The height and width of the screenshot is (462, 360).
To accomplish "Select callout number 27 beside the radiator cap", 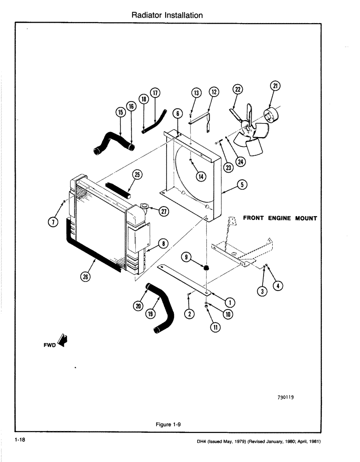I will [163, 211].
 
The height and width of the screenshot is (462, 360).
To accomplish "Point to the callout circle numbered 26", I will [86, 277].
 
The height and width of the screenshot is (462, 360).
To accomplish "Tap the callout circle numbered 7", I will [54, 222].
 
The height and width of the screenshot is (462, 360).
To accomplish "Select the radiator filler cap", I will [144, 206].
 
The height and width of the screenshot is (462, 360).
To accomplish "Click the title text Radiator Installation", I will [167, 15].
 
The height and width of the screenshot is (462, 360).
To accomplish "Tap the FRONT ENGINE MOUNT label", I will [280, 218].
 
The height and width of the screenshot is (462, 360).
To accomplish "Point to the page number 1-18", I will [19, 440].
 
